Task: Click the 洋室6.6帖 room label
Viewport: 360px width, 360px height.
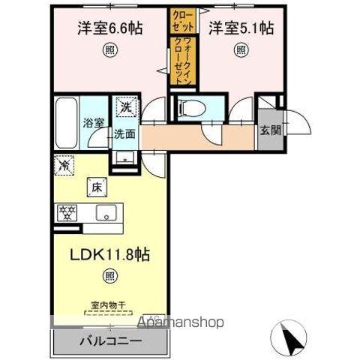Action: [x=110, y=28]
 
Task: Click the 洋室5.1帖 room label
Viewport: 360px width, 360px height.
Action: [x=241, y=28]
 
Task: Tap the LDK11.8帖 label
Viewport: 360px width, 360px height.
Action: [x=111, y=254]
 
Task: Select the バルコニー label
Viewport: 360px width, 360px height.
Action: [x=110, y=340]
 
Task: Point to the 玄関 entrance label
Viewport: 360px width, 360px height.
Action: [x=271, y=129]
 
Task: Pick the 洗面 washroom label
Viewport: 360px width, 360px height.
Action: [x=124, y=135]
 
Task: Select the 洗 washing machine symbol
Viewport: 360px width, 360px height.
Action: [x=126, y=107]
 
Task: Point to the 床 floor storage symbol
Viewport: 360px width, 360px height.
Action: [x=96, y=187]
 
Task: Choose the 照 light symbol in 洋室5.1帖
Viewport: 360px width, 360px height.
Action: [x=241, y=50]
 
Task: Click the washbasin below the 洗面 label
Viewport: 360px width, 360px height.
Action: [x=124, y=157]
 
